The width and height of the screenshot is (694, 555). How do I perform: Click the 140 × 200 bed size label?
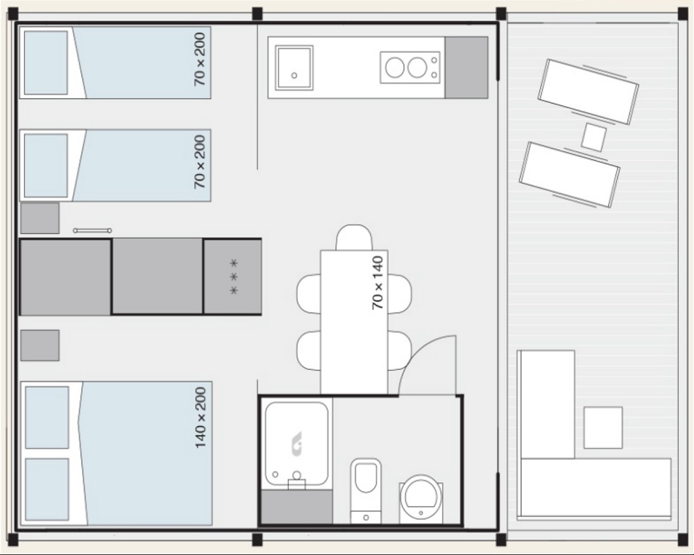click(x=201, y=418)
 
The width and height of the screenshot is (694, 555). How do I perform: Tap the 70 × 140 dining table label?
click(x=378, y=283)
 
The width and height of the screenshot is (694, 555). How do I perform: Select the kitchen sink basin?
click(x=294, y=68)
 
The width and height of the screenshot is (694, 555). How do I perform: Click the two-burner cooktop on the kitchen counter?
click(x=411, y=67)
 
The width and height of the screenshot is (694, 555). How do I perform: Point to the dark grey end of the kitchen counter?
click(x=466, y=68)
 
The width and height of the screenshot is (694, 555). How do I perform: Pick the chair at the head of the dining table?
click(x=354, y=237)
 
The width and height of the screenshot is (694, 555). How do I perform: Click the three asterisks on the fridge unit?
click(x=234, y=277)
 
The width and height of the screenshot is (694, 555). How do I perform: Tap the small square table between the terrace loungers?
click(x=593, y=137)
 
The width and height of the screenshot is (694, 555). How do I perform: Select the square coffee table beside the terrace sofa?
click(x=603, y=427)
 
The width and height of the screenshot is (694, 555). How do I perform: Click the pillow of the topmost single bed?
click(x=46, y=62)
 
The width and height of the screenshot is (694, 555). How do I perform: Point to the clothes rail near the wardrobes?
click(x=92, y=230)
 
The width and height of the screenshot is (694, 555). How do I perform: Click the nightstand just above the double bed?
click(x=40, y=345)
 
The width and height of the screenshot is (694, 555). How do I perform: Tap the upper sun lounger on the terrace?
click(x=589, y=91)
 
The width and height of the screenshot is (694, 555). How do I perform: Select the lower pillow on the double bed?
click(x=47, y=490)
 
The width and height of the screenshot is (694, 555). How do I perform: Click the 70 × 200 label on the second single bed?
click(x=200, y=162)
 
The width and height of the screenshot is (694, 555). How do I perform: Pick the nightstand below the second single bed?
click(x=40, y=219)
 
